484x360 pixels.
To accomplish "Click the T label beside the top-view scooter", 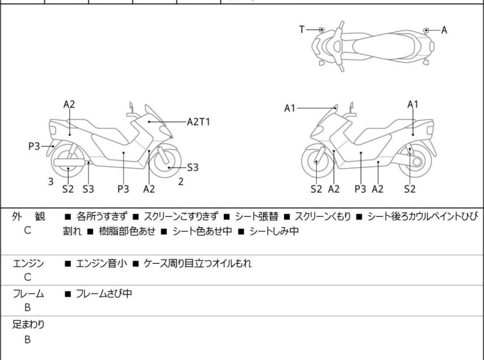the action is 301,30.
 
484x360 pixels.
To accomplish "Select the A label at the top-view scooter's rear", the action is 444,30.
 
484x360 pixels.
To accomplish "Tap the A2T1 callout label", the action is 199,122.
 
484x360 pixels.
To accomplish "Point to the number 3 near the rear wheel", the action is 51,182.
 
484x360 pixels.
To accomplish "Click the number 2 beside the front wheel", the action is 181,182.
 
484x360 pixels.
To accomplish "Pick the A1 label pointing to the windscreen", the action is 290,108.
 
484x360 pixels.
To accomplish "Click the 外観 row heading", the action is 29,216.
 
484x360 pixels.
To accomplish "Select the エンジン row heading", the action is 28,263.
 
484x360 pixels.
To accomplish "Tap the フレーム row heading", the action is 28,293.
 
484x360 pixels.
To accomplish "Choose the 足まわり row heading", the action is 28,325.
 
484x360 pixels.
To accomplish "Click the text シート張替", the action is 256,216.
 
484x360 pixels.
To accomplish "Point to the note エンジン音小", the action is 101,263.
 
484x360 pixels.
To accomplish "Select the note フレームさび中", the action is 104,293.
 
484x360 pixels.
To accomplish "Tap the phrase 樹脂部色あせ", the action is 127,231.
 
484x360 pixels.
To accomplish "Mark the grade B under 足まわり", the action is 28,339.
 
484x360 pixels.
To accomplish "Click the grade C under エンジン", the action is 28,277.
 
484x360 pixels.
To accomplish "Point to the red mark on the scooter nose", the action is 171,137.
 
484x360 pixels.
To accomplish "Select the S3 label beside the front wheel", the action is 192,167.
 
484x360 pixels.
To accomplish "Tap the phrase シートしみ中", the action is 274,231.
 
